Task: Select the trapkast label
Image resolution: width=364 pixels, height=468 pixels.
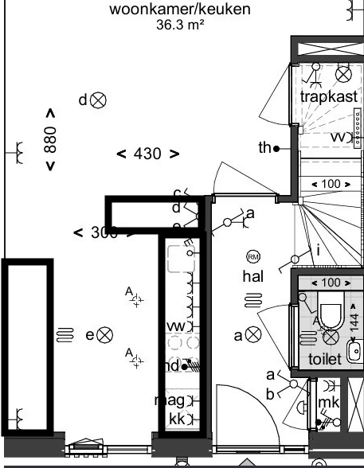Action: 327,96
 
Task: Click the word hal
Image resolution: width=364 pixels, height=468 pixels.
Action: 253,275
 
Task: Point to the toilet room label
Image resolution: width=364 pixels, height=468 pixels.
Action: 324,359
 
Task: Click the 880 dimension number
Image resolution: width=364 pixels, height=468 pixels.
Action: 50,139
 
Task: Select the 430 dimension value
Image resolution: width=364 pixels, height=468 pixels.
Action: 147,154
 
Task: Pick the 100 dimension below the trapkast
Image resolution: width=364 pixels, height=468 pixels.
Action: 330,184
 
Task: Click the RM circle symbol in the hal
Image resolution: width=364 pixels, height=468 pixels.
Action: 253,256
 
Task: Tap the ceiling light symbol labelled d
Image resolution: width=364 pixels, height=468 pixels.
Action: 99,99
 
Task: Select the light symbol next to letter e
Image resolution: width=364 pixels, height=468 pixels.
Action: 105,335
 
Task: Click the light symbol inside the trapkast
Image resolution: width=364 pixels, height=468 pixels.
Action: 343,74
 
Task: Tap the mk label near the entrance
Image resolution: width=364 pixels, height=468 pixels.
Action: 328,403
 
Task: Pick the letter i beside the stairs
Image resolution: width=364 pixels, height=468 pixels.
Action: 318,251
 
